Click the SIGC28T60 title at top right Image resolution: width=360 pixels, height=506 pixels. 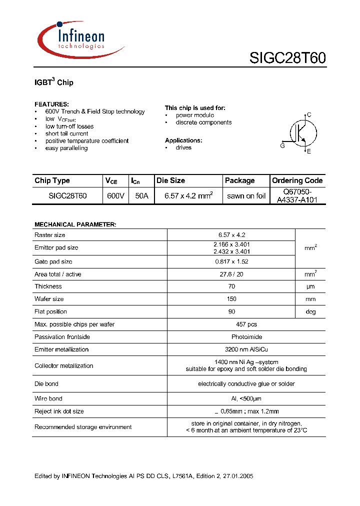pyautogui.click(x=287, y=58)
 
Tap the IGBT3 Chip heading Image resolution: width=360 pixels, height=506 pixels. pyautogui.click(x=54, y=82)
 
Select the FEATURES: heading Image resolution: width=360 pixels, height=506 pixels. pyautogui.click(x=51, y=104)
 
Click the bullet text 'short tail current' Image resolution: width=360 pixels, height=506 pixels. pyautogui.click(x=66, y=133)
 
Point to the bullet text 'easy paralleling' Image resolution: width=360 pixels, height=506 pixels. pyautogui.click(x=66, y=148)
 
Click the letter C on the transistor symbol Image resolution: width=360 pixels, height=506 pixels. pyautogui.click(x=309, y=115)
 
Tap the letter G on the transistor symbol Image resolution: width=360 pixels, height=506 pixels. pyautogui.click(x=282, y=145)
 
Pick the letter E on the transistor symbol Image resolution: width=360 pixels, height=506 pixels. pyautogui.click(x=309, y=151)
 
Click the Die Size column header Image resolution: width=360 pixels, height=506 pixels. pyautogui.click(x=170, y=180)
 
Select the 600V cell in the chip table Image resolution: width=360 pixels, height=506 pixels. pyautogui.click(x=115, y=196)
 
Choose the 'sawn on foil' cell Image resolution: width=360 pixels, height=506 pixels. pyautogui.click(x=246, y=196)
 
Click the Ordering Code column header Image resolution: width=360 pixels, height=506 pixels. pyautogui.click(x=297, y=180)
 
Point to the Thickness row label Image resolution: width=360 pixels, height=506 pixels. pyautogui.click(x=48, y=286)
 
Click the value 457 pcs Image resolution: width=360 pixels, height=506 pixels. pyautogui.click(x=246, y=324)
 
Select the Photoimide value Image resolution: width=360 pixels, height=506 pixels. pyautogui.click(x=246, y=337)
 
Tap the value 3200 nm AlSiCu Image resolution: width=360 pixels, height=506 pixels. pyautogui.click(x=246, y=349)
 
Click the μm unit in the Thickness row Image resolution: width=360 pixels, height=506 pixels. pyautogui.click(x=310, y=286)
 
